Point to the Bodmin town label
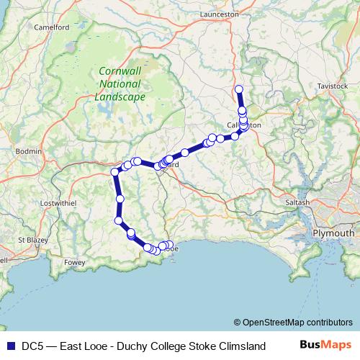(29, 151)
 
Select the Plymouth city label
(333, 233)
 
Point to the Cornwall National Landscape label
(120, 85)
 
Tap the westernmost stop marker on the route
(114, 171)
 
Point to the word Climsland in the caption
(232, 346)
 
